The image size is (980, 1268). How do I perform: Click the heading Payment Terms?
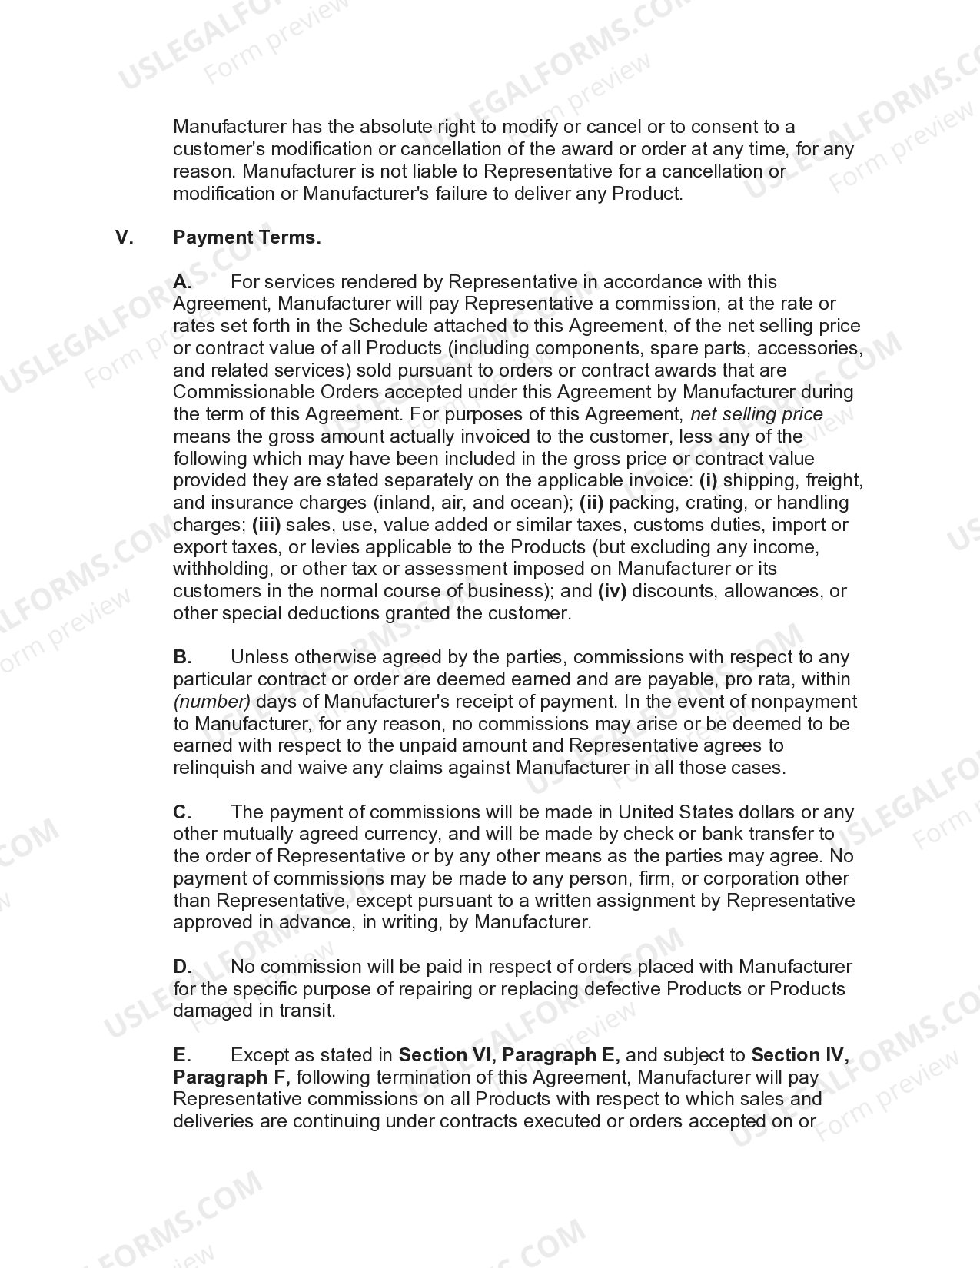pyautogui.click(x=247, y=237)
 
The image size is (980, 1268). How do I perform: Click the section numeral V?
pyautogui.click(x=124, y=237)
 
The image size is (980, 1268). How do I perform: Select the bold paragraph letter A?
pyautogui.click(x=181, y=282)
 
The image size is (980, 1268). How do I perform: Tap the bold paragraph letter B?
pyautogui.click(x=181, y=657)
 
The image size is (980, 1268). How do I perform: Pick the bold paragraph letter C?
pyautogui.click(x=181, y=812)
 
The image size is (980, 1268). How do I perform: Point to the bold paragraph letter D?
pyautogui.click(x=181, y=967)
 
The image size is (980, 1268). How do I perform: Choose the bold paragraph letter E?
pyautogui.click(x=181, y=1055)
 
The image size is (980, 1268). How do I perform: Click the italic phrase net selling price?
pyautogui.click(x=756, y=414)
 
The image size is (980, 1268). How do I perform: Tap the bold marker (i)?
pyautogui.click(x=708, y=481)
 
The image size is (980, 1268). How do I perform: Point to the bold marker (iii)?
pyautogui.click(x=266, y=526)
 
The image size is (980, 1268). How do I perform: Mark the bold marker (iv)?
pyautogui.click(x=612, y=592)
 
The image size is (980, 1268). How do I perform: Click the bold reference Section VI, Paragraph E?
pyautogui.click(x=510, y=1055)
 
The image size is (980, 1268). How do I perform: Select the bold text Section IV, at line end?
pyautogui.click(x=800, y=1055)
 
